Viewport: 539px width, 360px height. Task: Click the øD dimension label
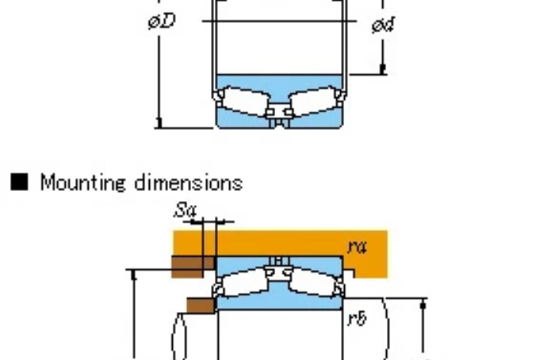(x=162, y=21)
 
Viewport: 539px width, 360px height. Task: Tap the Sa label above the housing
(x=185, y=210)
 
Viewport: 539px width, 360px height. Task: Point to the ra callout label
(x=357, y=247)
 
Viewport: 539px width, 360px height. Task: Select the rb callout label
(x=357, y=318)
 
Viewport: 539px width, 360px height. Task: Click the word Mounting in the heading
(x=83, y=183)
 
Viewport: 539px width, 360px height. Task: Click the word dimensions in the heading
(x=189, y=182)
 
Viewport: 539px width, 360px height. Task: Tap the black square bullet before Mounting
(x=19, y=182)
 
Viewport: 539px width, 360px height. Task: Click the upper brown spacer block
(x=193, y=267)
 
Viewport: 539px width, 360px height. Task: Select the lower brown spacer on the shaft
(x=201, y=306)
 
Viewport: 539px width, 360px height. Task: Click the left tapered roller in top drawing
(x=245, y=102)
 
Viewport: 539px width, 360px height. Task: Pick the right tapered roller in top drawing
(x=313, y=102)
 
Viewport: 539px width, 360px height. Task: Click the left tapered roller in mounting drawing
(x=245, y=282)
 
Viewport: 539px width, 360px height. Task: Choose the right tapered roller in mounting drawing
(x=313, y=282)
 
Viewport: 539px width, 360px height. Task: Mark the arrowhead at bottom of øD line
(x=159, y=123)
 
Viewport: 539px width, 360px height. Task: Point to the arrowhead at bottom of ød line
(x=383, y=69)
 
